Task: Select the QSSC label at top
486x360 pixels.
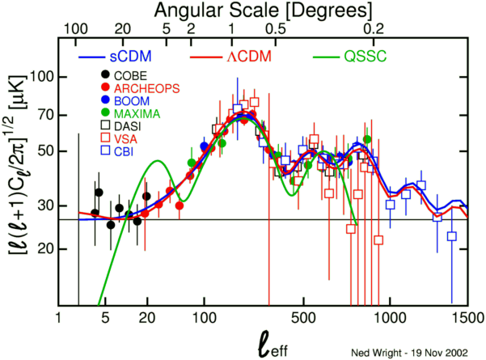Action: (x=365, y=58)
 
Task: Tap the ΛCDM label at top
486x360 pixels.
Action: (x=247, y=58)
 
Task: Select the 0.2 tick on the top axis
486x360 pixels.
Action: (x=374, y=30)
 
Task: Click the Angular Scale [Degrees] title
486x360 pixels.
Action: (x=264, y=11)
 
